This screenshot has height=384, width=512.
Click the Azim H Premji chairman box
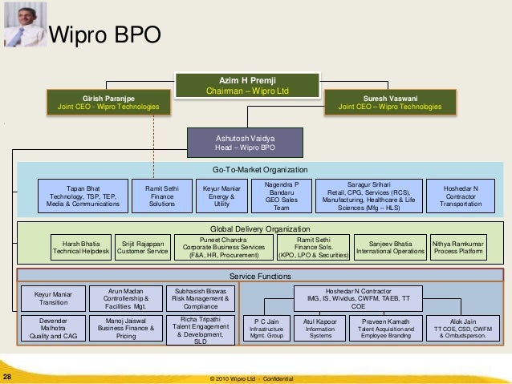tap(248, 85)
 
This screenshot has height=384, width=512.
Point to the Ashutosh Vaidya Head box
tap(245, 143)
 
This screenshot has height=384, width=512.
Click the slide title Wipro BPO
tap(105, 35)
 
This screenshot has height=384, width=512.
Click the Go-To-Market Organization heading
tap(259, 170)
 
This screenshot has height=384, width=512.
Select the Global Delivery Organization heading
tap(259, 228)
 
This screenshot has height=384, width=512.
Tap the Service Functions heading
tap(259, 277)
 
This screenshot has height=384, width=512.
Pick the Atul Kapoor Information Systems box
tap(319, 329)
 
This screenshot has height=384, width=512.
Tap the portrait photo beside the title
tap(23, 24)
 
